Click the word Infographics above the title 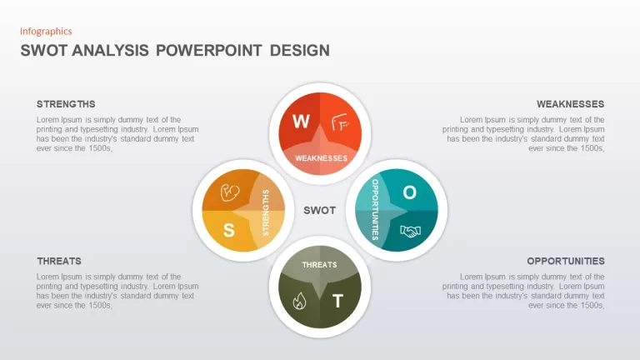[x=46, y=32]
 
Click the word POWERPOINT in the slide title [x=208, y=51]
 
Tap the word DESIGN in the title [x=300, y=51]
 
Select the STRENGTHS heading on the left [x=66, y=104]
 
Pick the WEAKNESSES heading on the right [x=570, y=104]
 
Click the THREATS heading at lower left [x=59, y=261]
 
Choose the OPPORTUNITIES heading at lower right [x=565, y=261]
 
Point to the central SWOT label [x=320, y=210]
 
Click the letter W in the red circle [x=301, y=121]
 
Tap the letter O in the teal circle [x=409, y=192]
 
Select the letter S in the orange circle [x=229, y=230]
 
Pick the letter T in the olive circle [x=337, y=301]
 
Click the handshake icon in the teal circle [x=410, y=232]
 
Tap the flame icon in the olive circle [x=299, y=301]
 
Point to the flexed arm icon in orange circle [x=230, y=192]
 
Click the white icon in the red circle [x=340, y=122]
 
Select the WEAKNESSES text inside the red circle [x=321, y=158]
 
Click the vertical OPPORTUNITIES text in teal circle [x=375, y=210]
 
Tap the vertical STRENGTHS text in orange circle [x=266, y=212]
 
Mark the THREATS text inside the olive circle [x=320, y=265]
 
